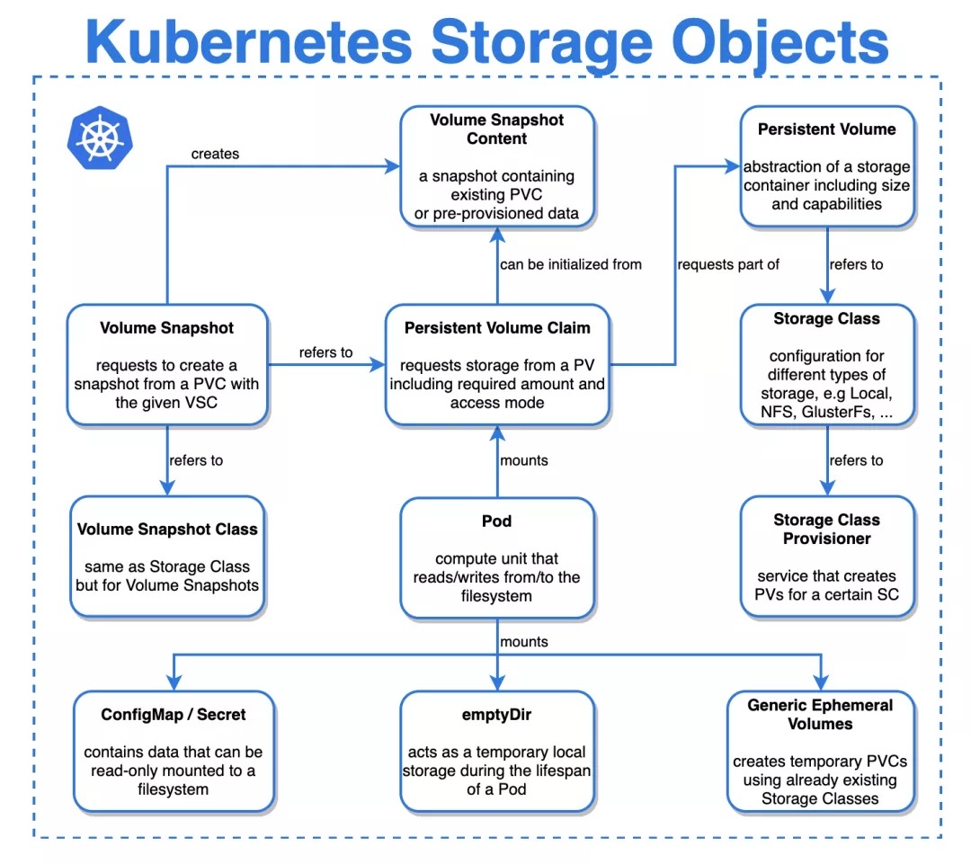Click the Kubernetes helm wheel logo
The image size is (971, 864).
tap(100, 138)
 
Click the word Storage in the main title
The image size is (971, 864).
tap(541, 43)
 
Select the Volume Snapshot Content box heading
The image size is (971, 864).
tap(496, 129)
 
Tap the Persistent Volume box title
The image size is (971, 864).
tap(827, 129)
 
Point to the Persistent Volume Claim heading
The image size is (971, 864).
tap(497, 327)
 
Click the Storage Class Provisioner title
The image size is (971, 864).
tap(827, 529)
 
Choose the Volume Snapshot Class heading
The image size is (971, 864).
tap(167, 529)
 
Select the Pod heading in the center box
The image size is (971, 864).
tap(496, 521)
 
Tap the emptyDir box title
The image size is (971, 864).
tap(496, 715)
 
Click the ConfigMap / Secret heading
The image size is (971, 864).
tap(174, 715)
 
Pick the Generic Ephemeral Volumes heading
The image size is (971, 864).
tap(820, 714)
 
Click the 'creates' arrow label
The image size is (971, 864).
tap(215, 154)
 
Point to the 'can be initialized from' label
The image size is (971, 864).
tap(571, 264)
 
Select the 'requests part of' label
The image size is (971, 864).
tap(728, 264)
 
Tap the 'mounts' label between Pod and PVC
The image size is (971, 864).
tap(524, 460)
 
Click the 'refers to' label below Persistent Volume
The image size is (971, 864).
tap(857, 264)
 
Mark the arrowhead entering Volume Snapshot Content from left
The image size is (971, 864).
tap(393, 166)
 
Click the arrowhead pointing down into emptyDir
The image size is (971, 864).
tap(497, 682)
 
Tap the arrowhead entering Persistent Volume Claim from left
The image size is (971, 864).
tap(378, 364)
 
